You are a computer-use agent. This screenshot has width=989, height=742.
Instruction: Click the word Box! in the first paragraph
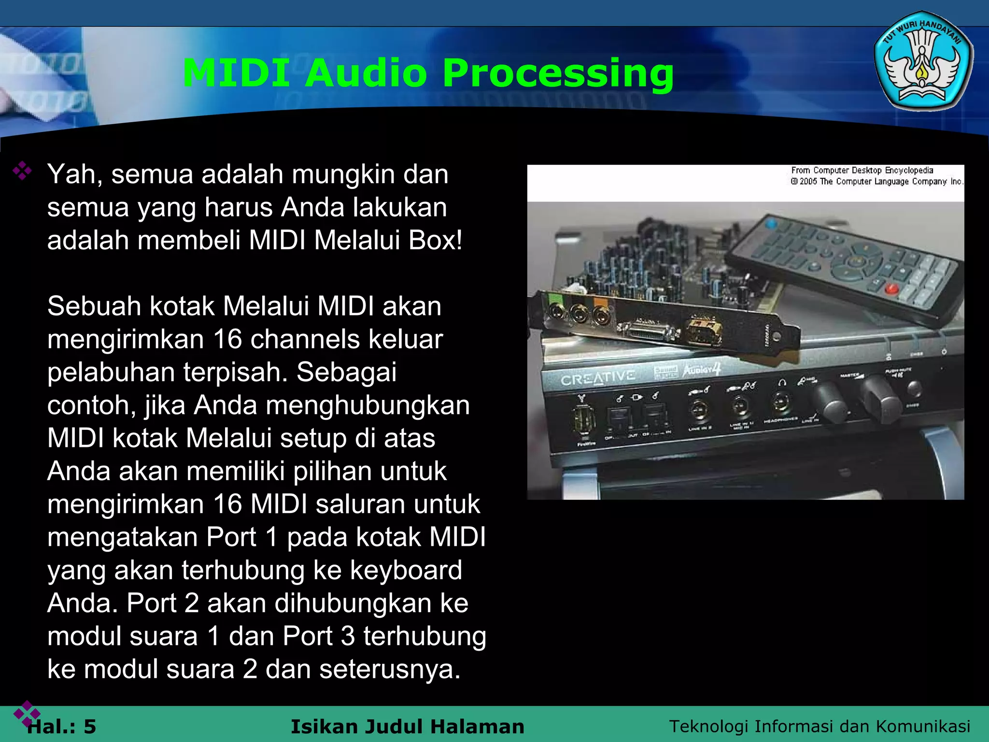pos(435,240)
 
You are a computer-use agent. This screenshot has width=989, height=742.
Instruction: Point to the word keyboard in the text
pos(406,570)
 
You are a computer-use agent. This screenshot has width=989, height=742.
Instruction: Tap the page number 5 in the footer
pos(90,727)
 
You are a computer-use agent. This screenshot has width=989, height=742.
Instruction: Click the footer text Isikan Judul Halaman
pos(407,727)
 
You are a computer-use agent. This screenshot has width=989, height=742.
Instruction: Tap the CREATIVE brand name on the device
pos(597,378)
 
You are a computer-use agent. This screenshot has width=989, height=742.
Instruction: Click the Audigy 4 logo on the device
pos(701,370)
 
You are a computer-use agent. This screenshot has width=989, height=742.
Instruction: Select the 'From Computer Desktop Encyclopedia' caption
pos(862,171)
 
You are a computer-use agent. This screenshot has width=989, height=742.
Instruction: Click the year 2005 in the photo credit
pos(808,182)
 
